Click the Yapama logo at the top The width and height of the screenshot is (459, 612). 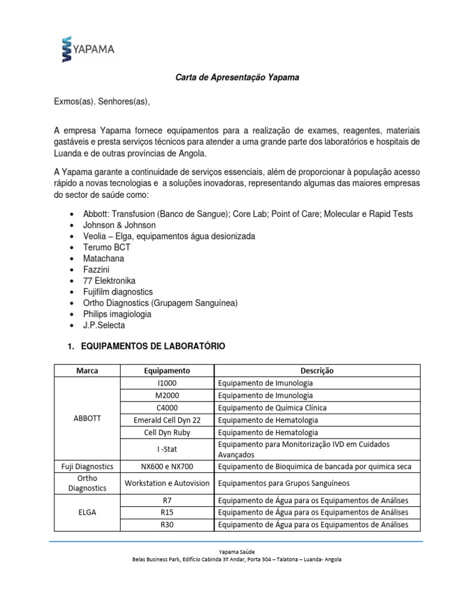(88, 48)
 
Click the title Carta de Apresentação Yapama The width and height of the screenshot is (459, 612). (237, 78)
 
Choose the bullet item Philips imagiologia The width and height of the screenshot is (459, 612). (118, 314)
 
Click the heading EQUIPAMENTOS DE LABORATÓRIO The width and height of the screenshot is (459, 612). (152, 347)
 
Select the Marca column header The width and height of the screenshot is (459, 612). (87, 371)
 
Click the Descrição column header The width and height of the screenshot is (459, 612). (317, 371)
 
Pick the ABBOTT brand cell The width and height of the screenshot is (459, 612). (87, 419)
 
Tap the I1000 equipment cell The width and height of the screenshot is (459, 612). (167, 383)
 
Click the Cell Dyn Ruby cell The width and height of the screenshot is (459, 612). (167, 432)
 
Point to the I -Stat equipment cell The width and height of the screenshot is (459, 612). (167, 448)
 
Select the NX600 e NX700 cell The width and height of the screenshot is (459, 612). (167, 466)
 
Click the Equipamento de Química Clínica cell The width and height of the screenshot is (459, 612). (272, 408)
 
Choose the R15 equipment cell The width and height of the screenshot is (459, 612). (167, 512)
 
